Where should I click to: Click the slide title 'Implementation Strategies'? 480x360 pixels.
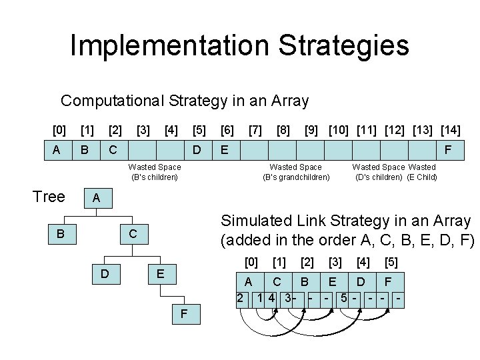[239, 46]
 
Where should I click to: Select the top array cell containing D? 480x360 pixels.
[197, 150]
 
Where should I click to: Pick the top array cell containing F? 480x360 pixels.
[449, 150]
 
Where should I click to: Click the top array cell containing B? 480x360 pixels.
[85, 150]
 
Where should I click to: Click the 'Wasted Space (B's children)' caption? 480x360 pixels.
[155, 172]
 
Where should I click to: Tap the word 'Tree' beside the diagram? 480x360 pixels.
[49, 197]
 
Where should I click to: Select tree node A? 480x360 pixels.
[97, 199]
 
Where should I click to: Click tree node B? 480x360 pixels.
[61, 234]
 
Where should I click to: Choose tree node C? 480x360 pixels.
[133, 234]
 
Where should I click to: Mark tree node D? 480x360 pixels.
[104, 274]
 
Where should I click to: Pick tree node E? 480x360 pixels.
[160, 274]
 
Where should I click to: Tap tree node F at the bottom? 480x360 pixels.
[183, 315]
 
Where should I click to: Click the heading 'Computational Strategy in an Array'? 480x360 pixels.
[185, 101]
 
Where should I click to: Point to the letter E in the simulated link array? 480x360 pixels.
[333, 281]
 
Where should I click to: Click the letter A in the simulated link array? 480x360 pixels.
[249, 281]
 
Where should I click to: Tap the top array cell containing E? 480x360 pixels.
[225, 150]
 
